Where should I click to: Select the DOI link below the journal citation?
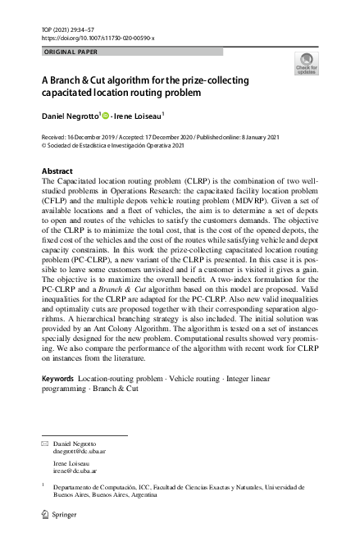coord(97,38)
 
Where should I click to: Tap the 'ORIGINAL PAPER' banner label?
coord(70,52)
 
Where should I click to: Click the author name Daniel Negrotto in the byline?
coord(70,116)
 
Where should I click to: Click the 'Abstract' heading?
coord(57,171)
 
